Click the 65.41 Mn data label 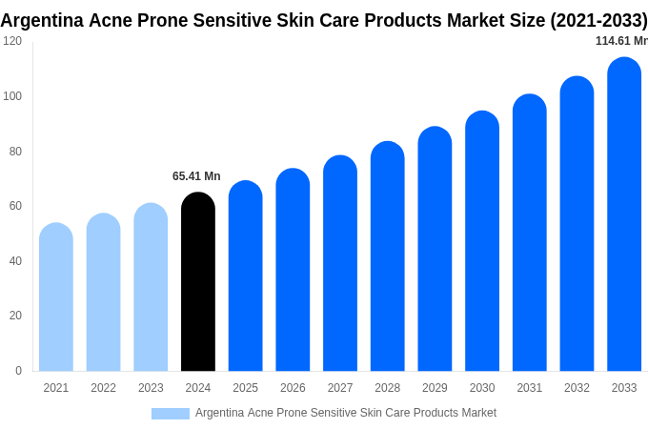pos(196,176)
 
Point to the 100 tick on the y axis pos(12,96)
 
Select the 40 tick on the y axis pos(15,261)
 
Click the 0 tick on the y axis pos(18,371)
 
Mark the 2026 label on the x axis pos(293,388)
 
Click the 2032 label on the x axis pos(577,388)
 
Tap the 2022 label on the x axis pos(103,388)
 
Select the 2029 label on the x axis pos(435,388)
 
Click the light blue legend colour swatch pos(171,414)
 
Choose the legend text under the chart pos(346,413)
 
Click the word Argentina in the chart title pos(42,20)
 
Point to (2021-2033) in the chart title pos(598,20)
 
